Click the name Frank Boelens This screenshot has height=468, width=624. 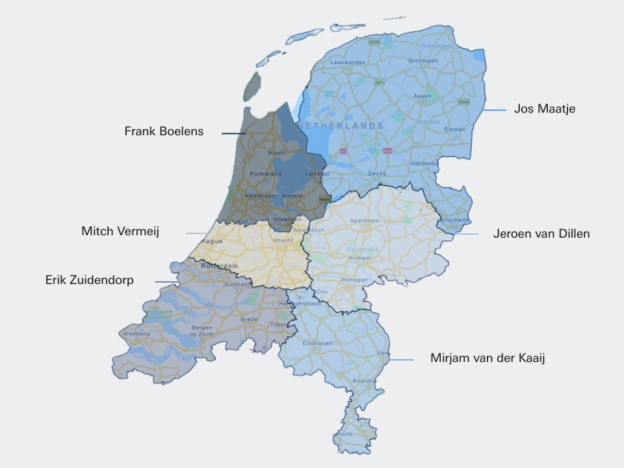(x=164, y=131)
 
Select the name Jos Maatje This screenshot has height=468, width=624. (x=544, y=109)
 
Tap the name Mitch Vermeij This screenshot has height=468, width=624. (x=120, y=231)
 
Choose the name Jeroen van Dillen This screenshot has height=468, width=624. (x=541, y=233)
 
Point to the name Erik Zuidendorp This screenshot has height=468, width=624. (x=90, y=280)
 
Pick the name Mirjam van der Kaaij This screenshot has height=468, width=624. (x=487, y=357)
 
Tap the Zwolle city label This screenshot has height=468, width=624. (x=377, y=174)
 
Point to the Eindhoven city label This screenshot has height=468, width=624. (x=318, y=343)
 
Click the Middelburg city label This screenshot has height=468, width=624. (x=136, y=334)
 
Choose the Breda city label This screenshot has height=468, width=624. (x=249, y=319)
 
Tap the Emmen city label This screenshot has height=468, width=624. (x=455, y=129)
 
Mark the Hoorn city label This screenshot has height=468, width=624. (x=276, y=153)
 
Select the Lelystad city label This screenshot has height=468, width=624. (x=315, y=174)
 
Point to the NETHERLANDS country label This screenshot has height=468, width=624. (x=341, y=125)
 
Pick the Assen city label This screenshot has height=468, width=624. (x=422, y=96)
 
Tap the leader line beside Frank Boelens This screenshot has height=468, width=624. (x=232, y=134)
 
